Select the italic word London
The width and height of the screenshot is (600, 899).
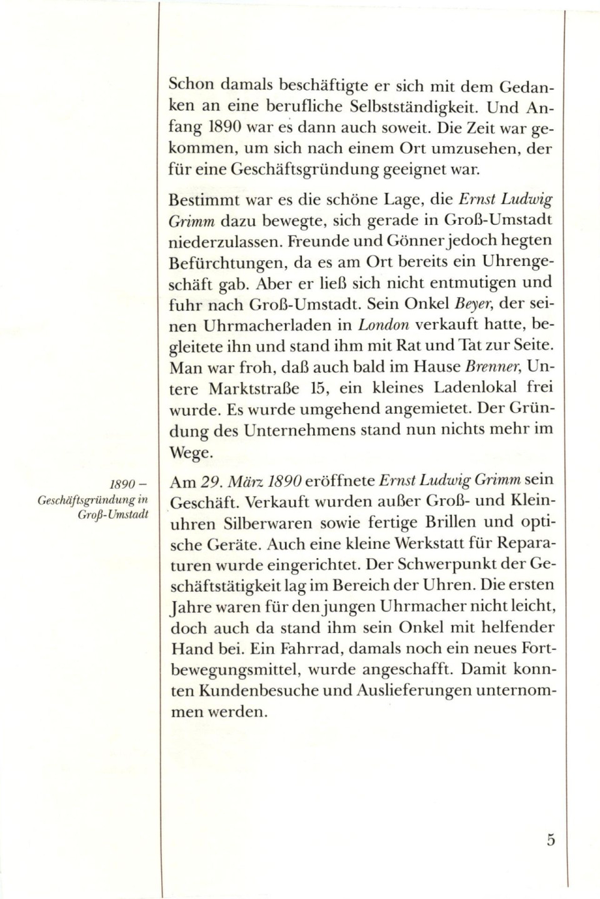(383, 325)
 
